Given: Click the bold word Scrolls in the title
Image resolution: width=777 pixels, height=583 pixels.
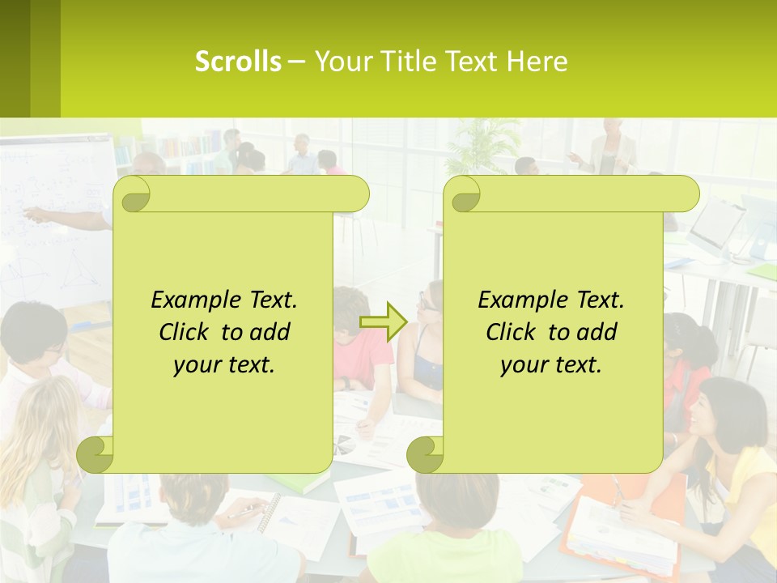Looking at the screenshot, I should point(238,62).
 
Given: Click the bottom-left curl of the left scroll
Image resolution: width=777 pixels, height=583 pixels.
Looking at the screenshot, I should point(96,454).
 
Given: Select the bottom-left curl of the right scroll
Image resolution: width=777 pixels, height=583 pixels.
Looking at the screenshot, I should point(425,454).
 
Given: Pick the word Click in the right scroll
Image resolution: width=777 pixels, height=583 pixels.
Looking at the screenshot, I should point(510,332).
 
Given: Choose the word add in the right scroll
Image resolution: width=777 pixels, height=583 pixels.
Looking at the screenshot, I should point(598,332).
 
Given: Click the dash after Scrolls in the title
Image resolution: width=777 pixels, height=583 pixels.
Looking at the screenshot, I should point(296,62).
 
